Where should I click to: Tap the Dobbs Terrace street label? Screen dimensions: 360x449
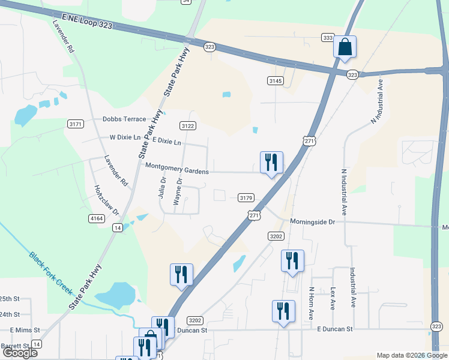coord(124,119)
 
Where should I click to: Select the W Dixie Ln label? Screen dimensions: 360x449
coord(124,137)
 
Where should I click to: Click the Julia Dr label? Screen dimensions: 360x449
coord(163,188)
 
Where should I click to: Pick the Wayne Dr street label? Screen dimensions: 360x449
coord(178,191)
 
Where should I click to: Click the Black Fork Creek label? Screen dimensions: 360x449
coord(52,272)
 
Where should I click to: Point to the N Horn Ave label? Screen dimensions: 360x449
coord(312,302)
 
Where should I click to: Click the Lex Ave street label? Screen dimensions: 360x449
coord(333,298)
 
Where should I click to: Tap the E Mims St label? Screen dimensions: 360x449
coord(25,330)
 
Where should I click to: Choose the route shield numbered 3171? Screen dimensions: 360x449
coord(75,124)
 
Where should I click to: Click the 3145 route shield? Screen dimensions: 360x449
coord(275,80)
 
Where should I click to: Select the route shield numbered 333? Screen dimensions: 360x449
coord(327,38)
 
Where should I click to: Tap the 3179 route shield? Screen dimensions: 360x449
coord(246,197)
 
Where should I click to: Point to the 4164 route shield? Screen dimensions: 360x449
coord(96,218)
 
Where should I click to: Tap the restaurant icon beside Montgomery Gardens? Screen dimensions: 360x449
coord(271,162)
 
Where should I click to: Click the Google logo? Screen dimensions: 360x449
coord(19,352)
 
